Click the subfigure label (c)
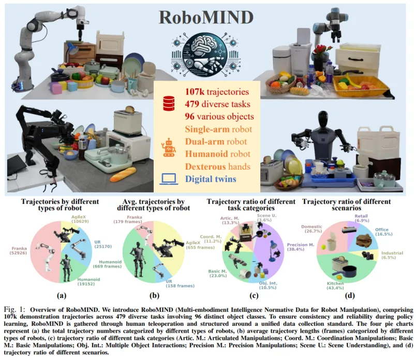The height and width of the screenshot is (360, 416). (254, 296)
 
